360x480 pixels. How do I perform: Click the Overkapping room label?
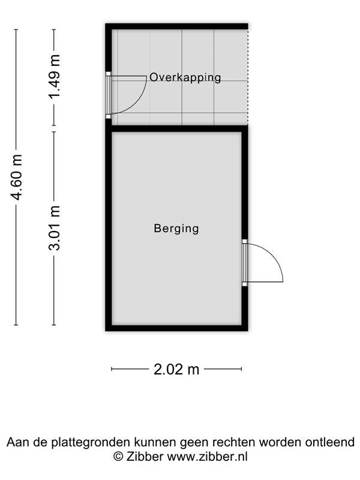[185, 77]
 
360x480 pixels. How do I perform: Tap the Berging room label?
[176, 229]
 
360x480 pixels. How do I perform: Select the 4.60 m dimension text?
[17, 178]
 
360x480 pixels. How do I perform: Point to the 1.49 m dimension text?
[55, 77]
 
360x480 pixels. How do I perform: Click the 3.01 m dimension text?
[55, 228]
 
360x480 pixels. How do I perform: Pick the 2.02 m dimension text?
[176, 370]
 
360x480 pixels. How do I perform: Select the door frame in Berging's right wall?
[245, 263]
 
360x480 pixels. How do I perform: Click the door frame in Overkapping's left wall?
[108, 95]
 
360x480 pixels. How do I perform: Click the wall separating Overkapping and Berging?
[176, 128]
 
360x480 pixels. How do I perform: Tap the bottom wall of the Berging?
[176, 328]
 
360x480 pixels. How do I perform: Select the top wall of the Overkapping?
[176, 26]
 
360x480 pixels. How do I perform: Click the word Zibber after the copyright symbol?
[145, 457]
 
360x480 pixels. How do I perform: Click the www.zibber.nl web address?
[207, 457]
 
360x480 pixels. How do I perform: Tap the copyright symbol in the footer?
[118, 457]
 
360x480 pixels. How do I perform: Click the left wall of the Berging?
[109, 228]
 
